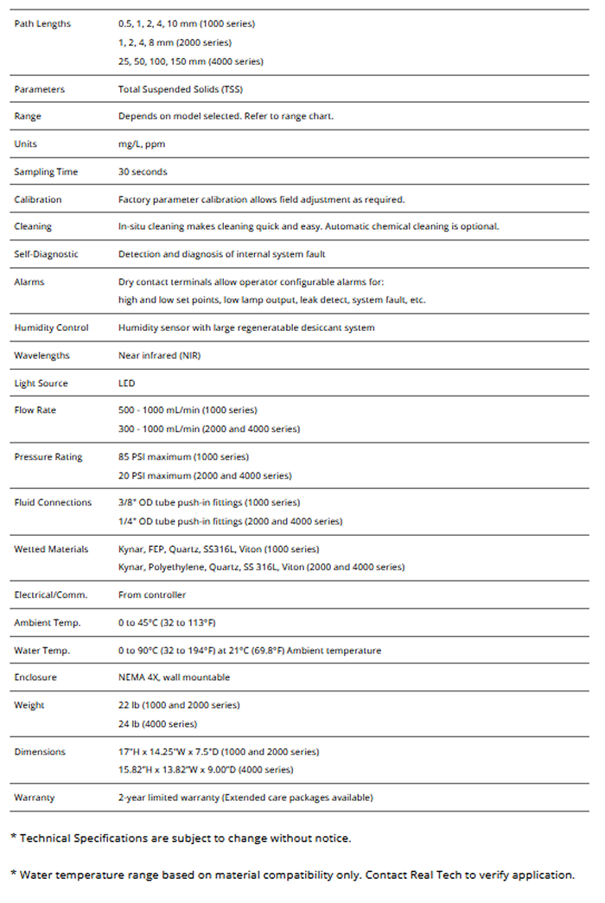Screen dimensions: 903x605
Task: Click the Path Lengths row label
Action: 42,23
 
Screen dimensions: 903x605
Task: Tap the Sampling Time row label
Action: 46,172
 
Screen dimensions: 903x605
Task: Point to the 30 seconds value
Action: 143,172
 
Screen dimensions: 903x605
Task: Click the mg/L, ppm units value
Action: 142,144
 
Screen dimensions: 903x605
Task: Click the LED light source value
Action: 127,383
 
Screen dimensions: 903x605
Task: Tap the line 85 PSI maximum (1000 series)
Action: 183,456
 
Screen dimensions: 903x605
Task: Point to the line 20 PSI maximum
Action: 205,475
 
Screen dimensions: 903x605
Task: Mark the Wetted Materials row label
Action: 51,549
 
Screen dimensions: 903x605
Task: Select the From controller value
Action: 152,595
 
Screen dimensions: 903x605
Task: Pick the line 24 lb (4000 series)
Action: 157,724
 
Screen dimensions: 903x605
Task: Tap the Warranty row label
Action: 34,798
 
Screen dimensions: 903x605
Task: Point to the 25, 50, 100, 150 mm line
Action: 191,61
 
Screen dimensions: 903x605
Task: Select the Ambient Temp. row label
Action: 47,623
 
